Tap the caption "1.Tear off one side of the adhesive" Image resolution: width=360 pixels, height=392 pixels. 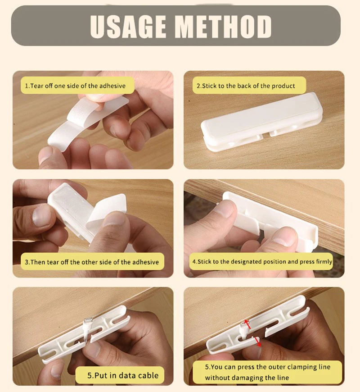pyautogui.click(x=75, y=86)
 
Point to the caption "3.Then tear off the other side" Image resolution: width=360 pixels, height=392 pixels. pyautogui.click(x=91, y=262)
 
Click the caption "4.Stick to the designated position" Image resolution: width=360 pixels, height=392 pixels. pyautogui.click(x=262, y=261)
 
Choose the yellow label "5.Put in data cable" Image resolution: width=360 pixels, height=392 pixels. pyautogui.click(x=123, y=375)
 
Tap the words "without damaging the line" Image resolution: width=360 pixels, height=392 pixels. pyautogui.click(x=247, y=378)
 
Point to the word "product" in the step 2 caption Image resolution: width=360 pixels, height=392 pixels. pyautogui.click(x=283, y=86)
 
